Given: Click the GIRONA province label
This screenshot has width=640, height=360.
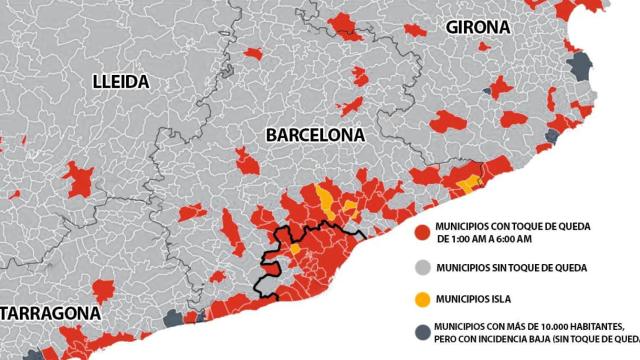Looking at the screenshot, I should [478, 26].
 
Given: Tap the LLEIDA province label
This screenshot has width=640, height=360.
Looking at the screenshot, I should [119, 80].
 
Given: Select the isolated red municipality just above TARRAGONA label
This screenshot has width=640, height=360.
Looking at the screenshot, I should [103, 289].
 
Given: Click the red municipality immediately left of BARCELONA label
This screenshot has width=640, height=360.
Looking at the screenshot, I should [244, 157].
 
